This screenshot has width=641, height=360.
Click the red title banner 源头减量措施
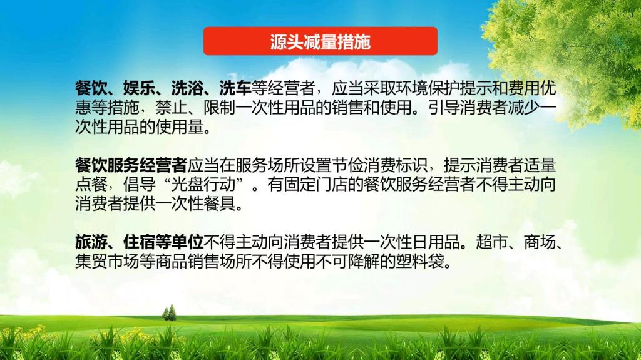click(x=320, y=41)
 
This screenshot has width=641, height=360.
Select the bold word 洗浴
click(x=187, y=88)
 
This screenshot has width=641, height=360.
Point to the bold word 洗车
click(x=235, y=88)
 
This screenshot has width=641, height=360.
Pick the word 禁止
click(x=172, y=107)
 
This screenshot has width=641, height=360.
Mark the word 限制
click(x=220, y=107)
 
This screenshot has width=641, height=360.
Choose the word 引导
click(x=444, y=107)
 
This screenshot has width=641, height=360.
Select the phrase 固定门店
click(x=315, y=184)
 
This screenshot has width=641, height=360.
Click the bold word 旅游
click(x=91, y=242)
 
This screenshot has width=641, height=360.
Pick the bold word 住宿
click(x=139, y=242)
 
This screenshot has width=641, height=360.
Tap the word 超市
click(x=492, y=242)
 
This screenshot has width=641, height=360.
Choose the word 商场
click(x=540, y=242)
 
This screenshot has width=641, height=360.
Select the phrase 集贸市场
click(x=107, y=262)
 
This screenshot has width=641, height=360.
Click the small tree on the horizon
click(x=169, y=312)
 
